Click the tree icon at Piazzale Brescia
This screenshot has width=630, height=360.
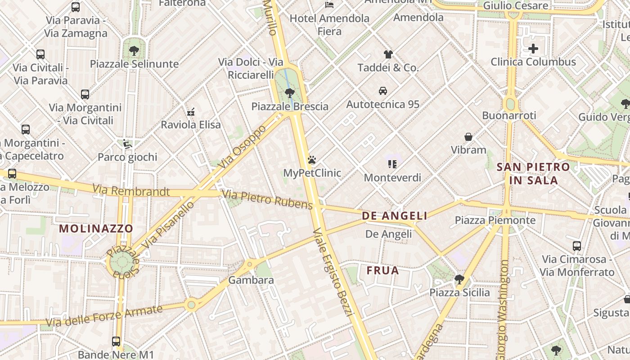(290, 93)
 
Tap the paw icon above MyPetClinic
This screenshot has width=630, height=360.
(312, 160)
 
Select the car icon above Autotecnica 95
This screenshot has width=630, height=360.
(383, 91)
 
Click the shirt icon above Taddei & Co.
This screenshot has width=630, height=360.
(388, 54)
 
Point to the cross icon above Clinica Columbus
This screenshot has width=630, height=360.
(533, 49)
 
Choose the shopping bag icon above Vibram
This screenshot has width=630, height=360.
(468, 136)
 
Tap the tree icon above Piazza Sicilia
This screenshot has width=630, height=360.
(459, 279)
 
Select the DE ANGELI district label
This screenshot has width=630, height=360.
(395, 216)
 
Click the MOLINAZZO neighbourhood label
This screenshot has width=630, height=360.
(96, 229)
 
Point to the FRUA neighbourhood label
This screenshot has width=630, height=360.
(382, 270)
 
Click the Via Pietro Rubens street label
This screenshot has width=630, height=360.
(268, 200)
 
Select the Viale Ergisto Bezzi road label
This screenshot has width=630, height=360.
(333, 271)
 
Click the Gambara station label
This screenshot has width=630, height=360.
(251, 280)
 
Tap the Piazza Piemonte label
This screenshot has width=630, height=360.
(495, 220)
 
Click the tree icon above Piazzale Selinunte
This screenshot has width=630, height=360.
(134, 50)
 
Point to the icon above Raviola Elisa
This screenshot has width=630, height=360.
(191, 111)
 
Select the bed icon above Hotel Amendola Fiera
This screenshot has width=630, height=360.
(329, 5)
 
